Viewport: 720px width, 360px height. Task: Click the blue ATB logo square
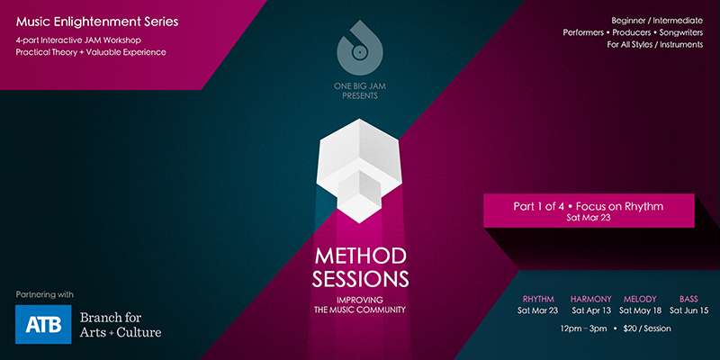(x=43, y=324)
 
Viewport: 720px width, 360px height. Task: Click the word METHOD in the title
(x=360, y=256)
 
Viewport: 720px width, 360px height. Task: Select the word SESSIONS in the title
(x=360, y=279)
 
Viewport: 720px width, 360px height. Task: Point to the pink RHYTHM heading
(x=538, y=300)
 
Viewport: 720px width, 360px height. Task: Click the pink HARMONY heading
(x=591, y=300)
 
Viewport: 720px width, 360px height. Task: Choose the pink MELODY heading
(x=640, y=300)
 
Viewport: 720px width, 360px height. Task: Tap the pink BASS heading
(x=688, y=300)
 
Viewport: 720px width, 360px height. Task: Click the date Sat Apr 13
(x=591, y=310)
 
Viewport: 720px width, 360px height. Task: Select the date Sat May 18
(x=640, y=310)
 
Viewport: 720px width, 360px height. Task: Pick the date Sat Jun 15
(x=688, y=310)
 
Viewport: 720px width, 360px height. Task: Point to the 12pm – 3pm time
(x=583, y=328)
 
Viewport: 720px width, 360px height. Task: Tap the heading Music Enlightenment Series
(x=97, y=22)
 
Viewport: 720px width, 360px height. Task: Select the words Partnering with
(x=44, y=294)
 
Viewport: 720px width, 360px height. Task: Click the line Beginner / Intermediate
(x=657, y=21)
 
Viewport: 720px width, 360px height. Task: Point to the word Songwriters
(x=681, y=32)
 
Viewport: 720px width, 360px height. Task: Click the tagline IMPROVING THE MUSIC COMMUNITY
(x=359, y=305)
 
